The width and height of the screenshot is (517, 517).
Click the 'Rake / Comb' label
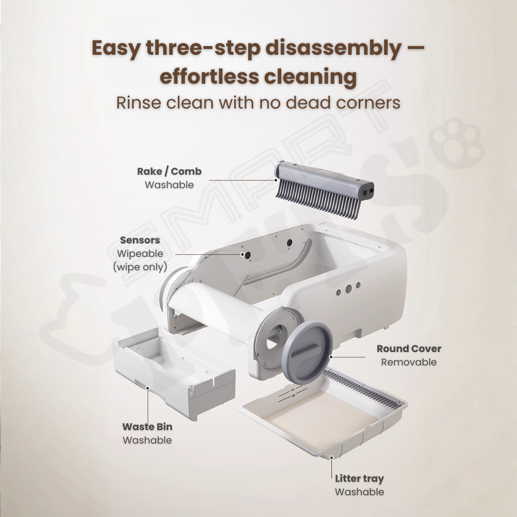(x=169, y=172)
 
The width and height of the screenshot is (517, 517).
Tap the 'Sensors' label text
(x=140, y=240)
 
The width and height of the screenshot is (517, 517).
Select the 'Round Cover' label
(x=409, y=348)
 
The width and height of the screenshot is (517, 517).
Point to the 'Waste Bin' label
(x=147, y=427)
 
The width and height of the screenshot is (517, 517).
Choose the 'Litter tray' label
(x=359, y=479)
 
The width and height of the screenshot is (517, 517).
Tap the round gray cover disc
(x=307, y=353)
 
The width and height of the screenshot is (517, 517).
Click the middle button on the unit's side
(x=348, y=289)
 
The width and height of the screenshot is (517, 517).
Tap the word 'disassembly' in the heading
(x=333, y=49)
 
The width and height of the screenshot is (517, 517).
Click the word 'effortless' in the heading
(x=209, y=77)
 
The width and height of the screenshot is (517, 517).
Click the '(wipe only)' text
(x=140, y=267)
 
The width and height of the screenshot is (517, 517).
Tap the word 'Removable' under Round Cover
(x=409, y=362)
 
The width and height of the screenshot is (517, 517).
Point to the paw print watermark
(x=457, y=143)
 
